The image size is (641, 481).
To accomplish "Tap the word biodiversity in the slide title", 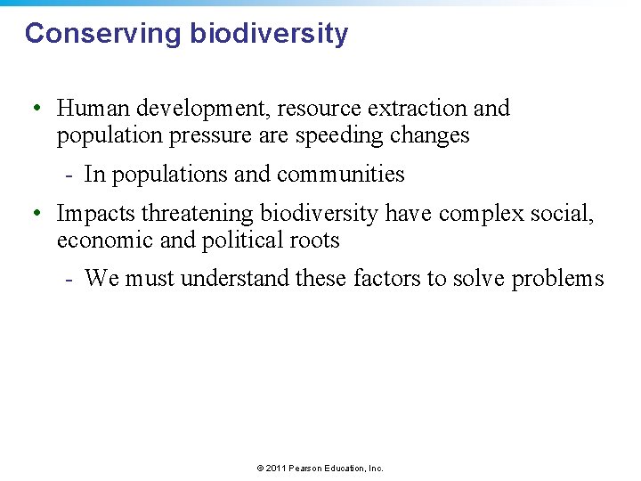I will coord(269,34).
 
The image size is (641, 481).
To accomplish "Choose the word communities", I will coord(351,175).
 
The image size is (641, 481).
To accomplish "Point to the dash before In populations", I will coord(69,175).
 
